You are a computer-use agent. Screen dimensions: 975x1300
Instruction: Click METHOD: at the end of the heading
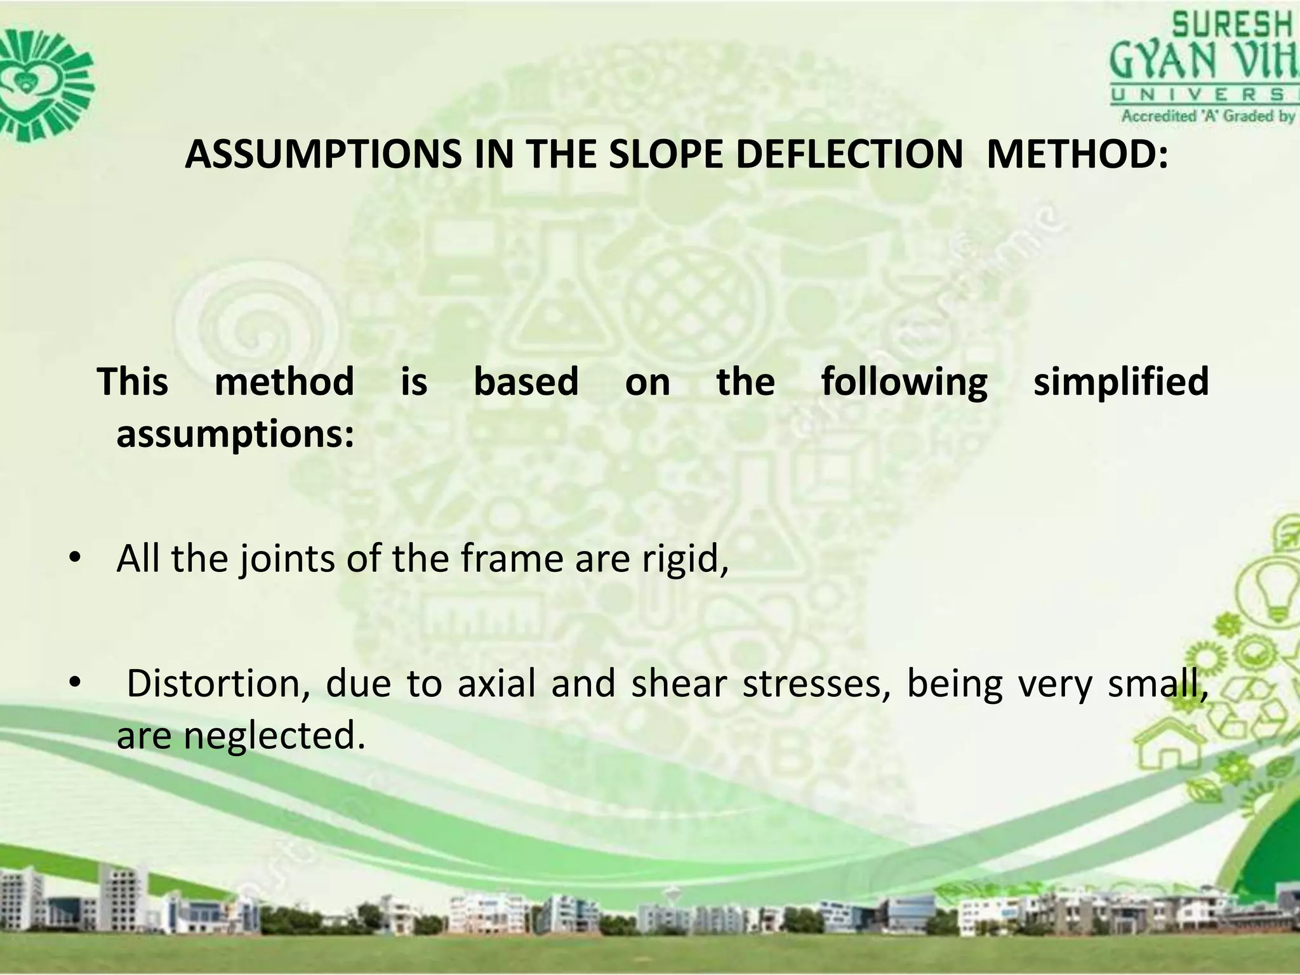1077,154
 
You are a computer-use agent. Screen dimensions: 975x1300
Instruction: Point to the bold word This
133,382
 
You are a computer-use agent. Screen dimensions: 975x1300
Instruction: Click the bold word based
526,382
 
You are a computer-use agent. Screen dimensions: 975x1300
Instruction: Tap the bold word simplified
1121,382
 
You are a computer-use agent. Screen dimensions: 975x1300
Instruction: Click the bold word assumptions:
235,435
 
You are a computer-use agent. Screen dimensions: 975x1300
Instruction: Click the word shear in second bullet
679,683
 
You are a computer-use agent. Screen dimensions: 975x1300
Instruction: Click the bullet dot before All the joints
75,559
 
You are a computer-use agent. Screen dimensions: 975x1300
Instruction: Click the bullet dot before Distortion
75,684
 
